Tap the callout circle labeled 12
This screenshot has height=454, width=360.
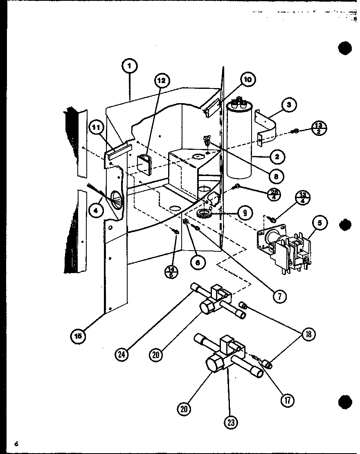pyautogui.click(x=162, y=81)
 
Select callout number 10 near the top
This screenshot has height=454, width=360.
pyautogui.click(x=248, y=79)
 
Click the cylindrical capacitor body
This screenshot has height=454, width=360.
pyautogui.click(x=240, y=141)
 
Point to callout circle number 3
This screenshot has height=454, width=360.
pyautogui.click(x=289, y=105)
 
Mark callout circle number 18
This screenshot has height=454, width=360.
pyautogui.click(x=309, y=334)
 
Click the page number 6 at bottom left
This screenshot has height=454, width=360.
pyautogui.click(x=16, y=444)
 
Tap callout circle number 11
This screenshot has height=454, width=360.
pyautogui.click(x=96, y=129)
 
